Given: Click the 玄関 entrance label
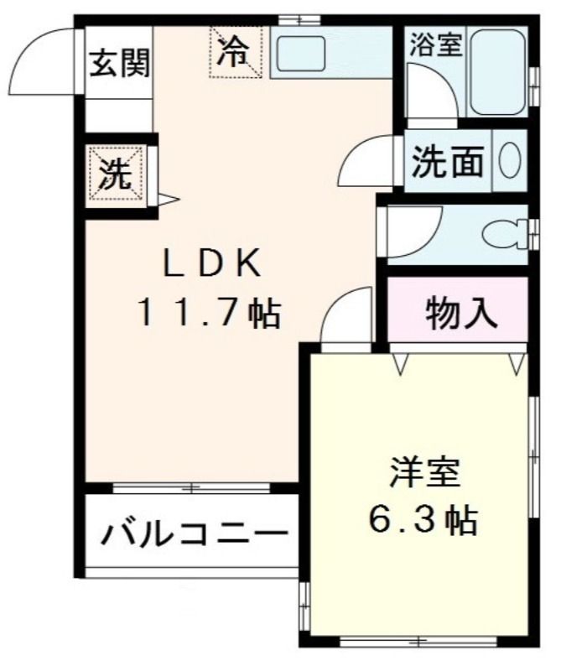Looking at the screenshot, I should coord(121,63).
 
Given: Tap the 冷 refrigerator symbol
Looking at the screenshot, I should coord(236,52).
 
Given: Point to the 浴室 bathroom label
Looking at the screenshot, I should coord(434,44).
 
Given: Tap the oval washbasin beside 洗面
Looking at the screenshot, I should coord(509,160).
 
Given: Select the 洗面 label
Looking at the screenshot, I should coord(449,162).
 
